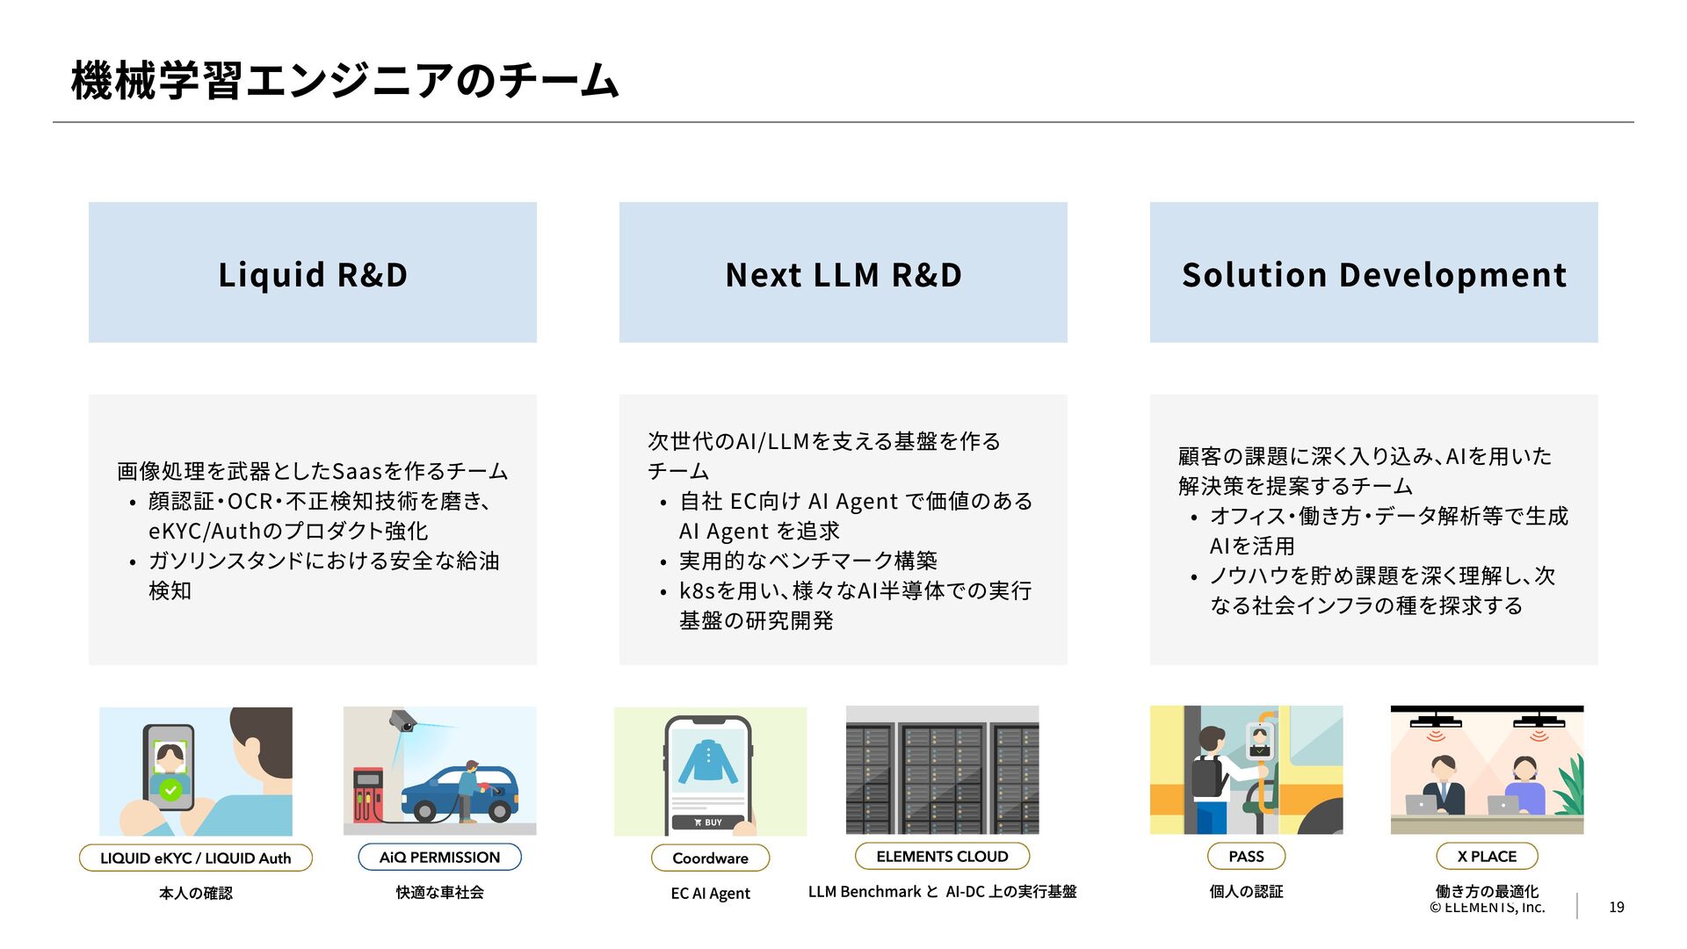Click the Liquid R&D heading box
coord(312,272)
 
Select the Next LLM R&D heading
coord(843,272)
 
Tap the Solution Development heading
coord(1373,272)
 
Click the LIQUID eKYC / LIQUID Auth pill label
coord(195,858)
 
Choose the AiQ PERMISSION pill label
coord(439,857)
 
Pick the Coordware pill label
coord(710,858)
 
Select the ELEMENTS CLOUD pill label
coord(942,856)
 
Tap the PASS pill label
coord(1246,856)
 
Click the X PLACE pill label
coord(1487,856)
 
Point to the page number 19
coord(1616,907)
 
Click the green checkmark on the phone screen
coord(170,789)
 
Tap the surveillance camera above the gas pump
coord(402,721)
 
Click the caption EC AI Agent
coord(710,893)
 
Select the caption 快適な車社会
coord(439,892)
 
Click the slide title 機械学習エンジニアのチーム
coord(344,80)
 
